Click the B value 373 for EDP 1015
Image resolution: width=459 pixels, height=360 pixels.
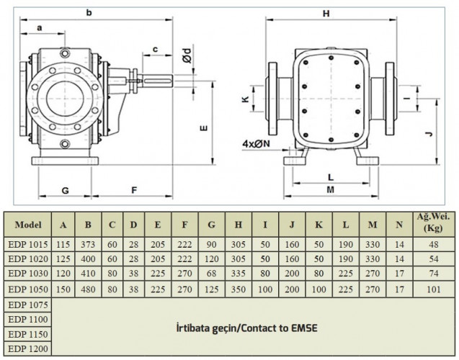(88, 246)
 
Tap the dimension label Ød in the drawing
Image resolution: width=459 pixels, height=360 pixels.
(187, 53)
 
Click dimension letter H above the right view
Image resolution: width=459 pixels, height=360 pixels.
(326, 14)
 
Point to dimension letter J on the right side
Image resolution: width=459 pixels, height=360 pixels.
(428, 132)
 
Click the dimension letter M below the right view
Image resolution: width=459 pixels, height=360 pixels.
(330, 190)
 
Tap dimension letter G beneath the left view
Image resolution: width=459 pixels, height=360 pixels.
(65, 190)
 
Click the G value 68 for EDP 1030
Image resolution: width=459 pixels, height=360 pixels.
(211, 274)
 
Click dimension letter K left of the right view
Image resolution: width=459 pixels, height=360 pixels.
(246, 100)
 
